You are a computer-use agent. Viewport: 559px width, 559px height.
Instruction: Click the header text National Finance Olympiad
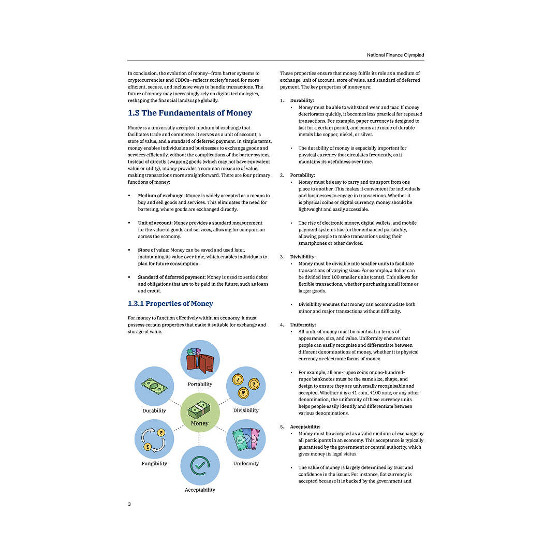pyautogui.click(x=395, y=55)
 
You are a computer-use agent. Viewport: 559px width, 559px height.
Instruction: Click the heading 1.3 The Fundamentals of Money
pyautogui.click(x=190, y=113)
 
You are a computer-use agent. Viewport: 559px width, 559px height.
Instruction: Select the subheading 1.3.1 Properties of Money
pyautogui.click(x=170, y=304)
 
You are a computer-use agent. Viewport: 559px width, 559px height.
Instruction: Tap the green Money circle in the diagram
pyautogui.click(x=200, y=413)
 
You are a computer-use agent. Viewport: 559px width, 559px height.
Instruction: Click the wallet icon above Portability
pyautogui.click(x=200, y=360)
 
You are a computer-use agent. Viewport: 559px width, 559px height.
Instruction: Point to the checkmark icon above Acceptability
pyautogui.click(x=200, y=465)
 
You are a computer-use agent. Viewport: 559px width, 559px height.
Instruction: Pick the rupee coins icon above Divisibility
pyautogui.click(x=246, y=386)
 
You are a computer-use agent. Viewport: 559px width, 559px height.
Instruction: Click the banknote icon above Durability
pyautogui.click(x=154, y=386)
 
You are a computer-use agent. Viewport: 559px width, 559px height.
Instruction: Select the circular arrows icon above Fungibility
pyautogui.click(x=154, y=439)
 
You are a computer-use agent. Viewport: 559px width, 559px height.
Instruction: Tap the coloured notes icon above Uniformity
pyautogui.click(x=246, y=439)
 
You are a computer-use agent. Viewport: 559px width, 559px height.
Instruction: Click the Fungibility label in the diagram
pyautogui.click(x=154, y=463)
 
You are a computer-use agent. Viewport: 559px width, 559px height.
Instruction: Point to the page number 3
pyautogui.click(x=129, y=504)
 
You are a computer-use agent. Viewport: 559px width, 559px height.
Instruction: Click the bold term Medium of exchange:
pyautogui.click(x=161, y=196)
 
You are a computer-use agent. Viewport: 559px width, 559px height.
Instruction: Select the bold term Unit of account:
pyautogui.click(x=155, y=223)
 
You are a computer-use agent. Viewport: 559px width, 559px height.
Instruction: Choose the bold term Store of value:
pyautogui.click(x=153, y=250)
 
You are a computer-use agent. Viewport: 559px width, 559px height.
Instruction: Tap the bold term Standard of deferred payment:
pyautogui.click(x=171, y=277)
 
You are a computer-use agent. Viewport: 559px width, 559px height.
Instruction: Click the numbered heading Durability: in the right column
pyautogui.click(x=302, y=100)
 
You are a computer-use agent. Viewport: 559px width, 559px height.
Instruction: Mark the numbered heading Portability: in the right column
pyautogui.click(x=302, y=175)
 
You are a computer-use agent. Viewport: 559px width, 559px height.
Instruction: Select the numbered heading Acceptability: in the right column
pyautogui.click(x=305, y=427)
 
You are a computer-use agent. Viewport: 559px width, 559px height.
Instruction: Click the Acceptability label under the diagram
pyautogui.click(x=200, y=490)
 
